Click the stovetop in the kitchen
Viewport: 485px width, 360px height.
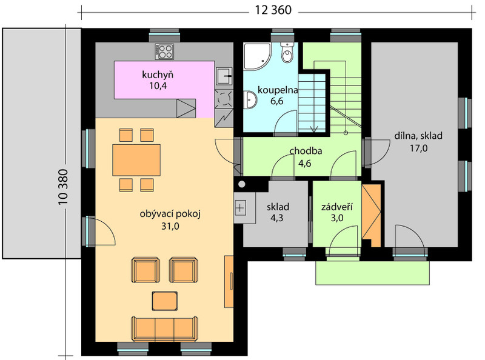[x=164, y=52]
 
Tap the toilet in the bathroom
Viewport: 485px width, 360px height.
[x=287, y=53]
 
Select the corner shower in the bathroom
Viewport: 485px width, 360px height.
[x=257, y=56]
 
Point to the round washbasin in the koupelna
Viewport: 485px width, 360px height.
[x=250, y=100]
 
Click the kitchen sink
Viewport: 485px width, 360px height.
[x=224, y=76]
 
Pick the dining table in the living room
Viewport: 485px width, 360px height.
[x=136, y=160]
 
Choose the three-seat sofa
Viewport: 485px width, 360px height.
[x=164, y=328]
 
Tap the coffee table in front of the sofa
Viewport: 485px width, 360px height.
[x=165, y=301]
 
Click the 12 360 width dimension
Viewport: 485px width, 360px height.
[x=273, y=10]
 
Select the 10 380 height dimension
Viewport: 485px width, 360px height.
[x=63, y=187]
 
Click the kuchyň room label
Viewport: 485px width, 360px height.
[x=158, y=75]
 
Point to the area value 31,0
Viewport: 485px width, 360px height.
[x=170, y=227]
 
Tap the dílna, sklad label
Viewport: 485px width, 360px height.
[x=418, y=136]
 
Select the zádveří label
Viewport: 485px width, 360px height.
[x=337, y=207]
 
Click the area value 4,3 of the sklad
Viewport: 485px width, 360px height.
[x=277, y=218]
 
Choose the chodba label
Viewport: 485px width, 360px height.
[x=306, y=151]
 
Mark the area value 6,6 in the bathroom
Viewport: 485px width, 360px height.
[x=277, y=101]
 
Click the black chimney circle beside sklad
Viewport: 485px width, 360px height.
[x=242, y=185]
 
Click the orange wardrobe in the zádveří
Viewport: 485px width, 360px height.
[x=371, y=216]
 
